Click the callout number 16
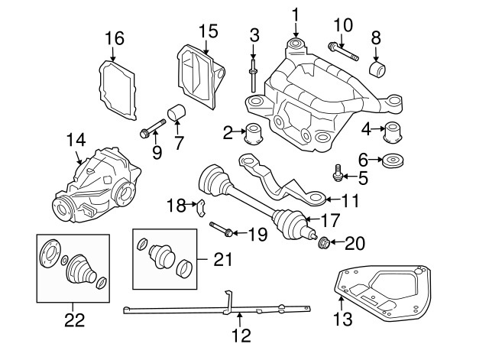click(114, 37)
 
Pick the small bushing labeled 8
click(376, 70)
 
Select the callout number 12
click(241, 334)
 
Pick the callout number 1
click(296, 14)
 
